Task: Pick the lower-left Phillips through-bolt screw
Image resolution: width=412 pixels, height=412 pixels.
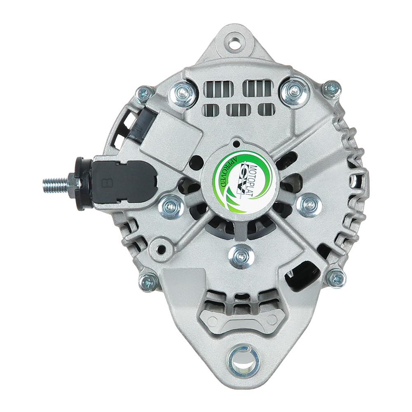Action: pyautogui.click(x=148, y=281)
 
